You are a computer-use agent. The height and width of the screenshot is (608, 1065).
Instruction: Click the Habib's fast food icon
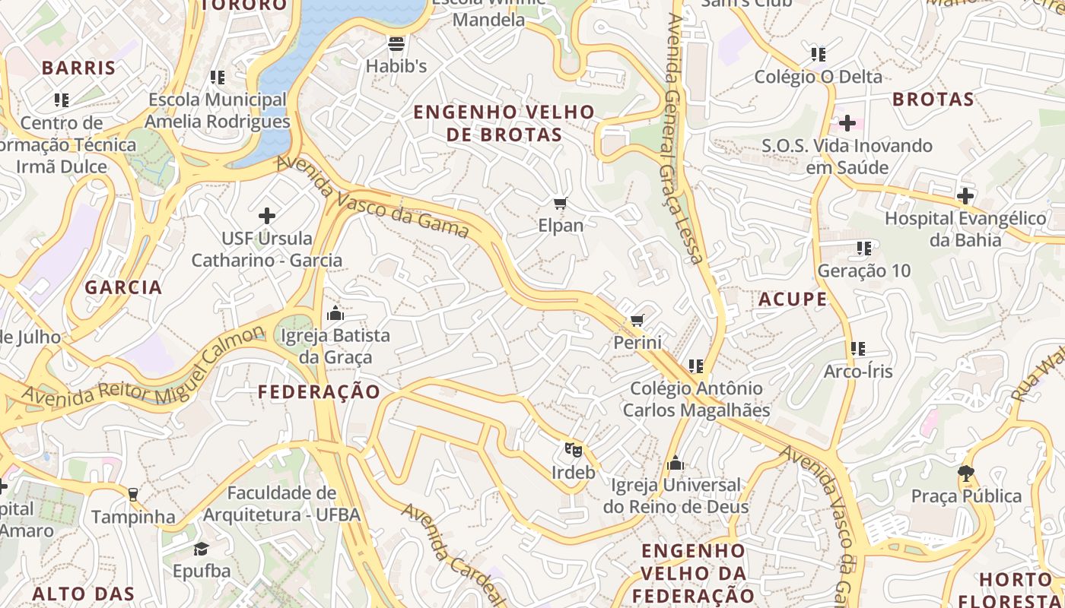click(396, 44)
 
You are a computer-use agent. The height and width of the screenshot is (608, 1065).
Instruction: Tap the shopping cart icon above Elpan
click(561, 203)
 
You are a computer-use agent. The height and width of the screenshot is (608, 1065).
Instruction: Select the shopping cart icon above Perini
click(637, 320)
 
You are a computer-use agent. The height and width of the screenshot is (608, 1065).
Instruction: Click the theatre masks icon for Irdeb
click(573, 450)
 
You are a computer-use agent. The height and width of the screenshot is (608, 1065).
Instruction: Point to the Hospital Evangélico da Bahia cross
click(965, 196)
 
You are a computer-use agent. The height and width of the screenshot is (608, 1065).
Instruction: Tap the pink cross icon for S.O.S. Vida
click(847, 122)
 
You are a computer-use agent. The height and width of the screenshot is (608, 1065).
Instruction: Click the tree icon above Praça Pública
click(966, 474)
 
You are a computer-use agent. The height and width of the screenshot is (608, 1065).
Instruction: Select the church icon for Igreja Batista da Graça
click(335, 313)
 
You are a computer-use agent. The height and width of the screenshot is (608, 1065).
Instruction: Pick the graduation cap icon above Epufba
click(201, 549)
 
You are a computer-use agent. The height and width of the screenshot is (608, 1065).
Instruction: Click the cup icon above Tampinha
click(133, 495)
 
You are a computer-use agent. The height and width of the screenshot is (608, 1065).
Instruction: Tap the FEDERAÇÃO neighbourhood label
click(319, 392)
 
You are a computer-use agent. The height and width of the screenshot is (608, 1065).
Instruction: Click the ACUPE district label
click(793, 299)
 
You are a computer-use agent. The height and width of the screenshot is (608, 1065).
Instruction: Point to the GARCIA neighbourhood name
click(123, 287)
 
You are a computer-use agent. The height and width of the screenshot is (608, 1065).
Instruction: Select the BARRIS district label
click(78, 68)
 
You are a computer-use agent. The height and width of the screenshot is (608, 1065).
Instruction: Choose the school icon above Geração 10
click(863, 249)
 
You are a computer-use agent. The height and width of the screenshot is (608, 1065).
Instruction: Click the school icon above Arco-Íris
click(858, 349)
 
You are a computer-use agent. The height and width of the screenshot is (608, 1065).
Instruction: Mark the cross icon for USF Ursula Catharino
click(266, 216)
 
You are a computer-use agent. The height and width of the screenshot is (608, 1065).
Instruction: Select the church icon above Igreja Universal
click(675, 463)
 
